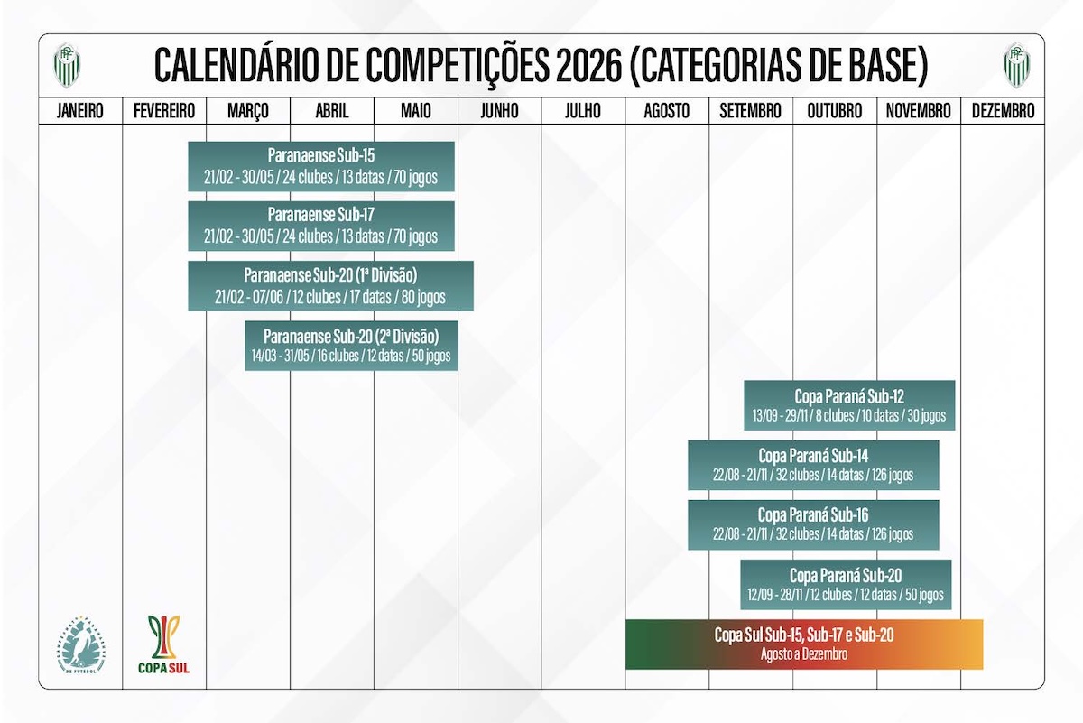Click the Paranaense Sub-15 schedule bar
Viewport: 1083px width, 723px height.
tap(321, 166)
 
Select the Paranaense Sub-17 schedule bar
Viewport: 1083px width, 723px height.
tap(321, 226)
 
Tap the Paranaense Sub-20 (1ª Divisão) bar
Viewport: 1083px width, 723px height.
tap(330, 285)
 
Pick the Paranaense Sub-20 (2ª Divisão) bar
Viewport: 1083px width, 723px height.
tap(351, 346)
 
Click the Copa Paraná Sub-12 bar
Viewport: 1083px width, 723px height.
tap(849, 405)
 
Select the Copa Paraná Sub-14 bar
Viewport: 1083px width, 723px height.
tap(813, 465)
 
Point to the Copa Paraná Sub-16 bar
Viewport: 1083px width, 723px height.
tap(813, 524)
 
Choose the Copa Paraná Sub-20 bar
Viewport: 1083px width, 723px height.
tap(846, 584)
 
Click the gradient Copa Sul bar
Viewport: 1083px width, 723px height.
tap(803, 644)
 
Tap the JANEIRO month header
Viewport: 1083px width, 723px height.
tap(80, 111)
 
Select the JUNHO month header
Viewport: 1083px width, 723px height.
tap(499, 111)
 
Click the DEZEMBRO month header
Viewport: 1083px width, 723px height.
tap(1003, 111)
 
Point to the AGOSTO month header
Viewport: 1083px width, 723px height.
tap(667, 111)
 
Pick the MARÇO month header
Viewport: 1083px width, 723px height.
tap(248, 111)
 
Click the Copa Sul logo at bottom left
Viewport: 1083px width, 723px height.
tap(163, 644)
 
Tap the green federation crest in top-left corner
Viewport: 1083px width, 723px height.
tap(66, 65)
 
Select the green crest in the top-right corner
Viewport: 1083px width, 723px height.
tap(1017, 65)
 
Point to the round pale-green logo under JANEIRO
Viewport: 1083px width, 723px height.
tap(81, 644)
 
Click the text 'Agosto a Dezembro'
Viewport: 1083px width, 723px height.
tap(803, 653)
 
